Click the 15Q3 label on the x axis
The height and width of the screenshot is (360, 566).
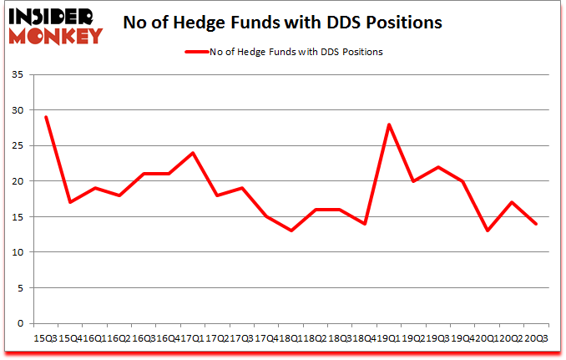(47, 338)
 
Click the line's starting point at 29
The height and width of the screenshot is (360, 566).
(47, 117)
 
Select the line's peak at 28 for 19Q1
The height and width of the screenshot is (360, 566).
(389, 124)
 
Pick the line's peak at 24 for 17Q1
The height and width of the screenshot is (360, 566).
(193, 153)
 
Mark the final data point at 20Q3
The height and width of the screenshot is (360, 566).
(535, 224)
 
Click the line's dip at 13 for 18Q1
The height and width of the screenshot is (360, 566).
(291, 231)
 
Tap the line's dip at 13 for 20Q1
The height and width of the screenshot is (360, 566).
(487, 231)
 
